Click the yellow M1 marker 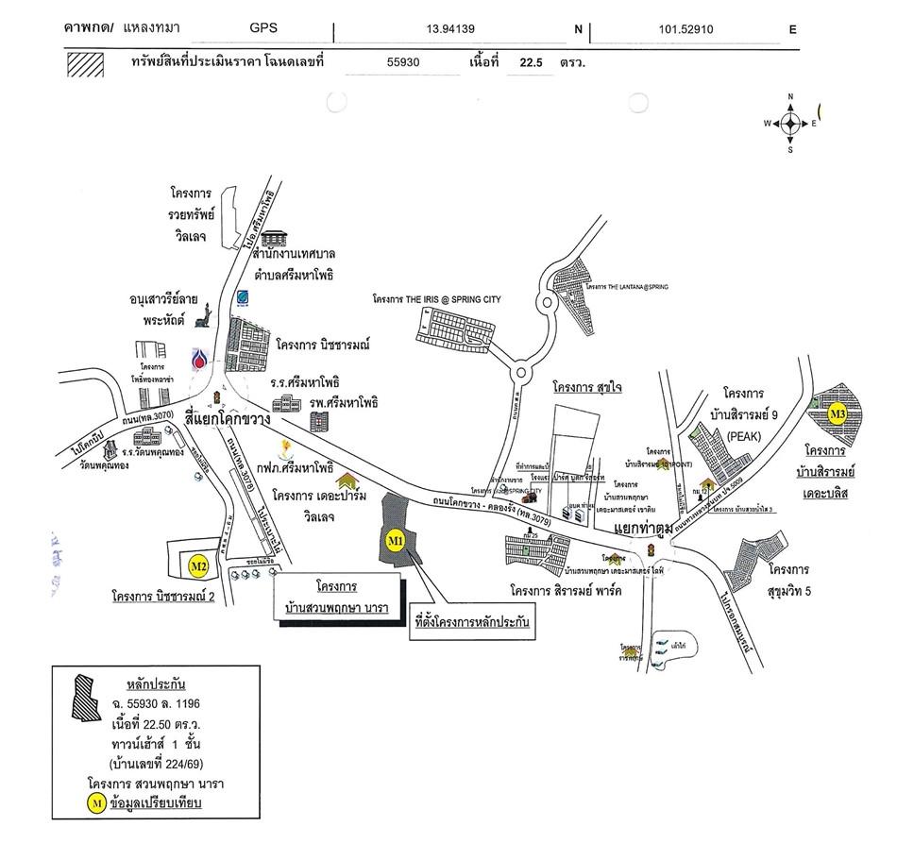(395, 540)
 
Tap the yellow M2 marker (198, 566)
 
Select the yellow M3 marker (838, 413)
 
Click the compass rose (789, 124)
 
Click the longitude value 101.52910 (685, 29)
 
